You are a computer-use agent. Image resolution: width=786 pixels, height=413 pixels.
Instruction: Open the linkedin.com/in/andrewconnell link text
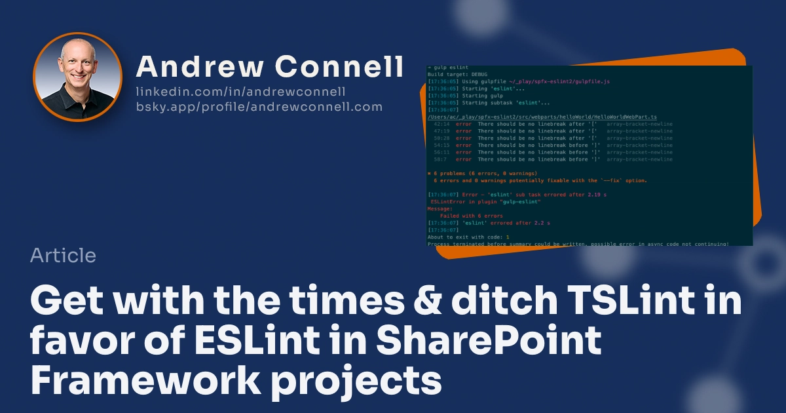click(241, 92)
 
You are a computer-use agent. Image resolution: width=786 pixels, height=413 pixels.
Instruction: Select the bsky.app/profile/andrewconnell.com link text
click(259, 107)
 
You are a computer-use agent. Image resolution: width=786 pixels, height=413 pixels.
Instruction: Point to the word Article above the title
click(63, 256)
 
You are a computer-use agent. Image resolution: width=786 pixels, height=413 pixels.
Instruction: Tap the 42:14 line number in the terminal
click(441, 124)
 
